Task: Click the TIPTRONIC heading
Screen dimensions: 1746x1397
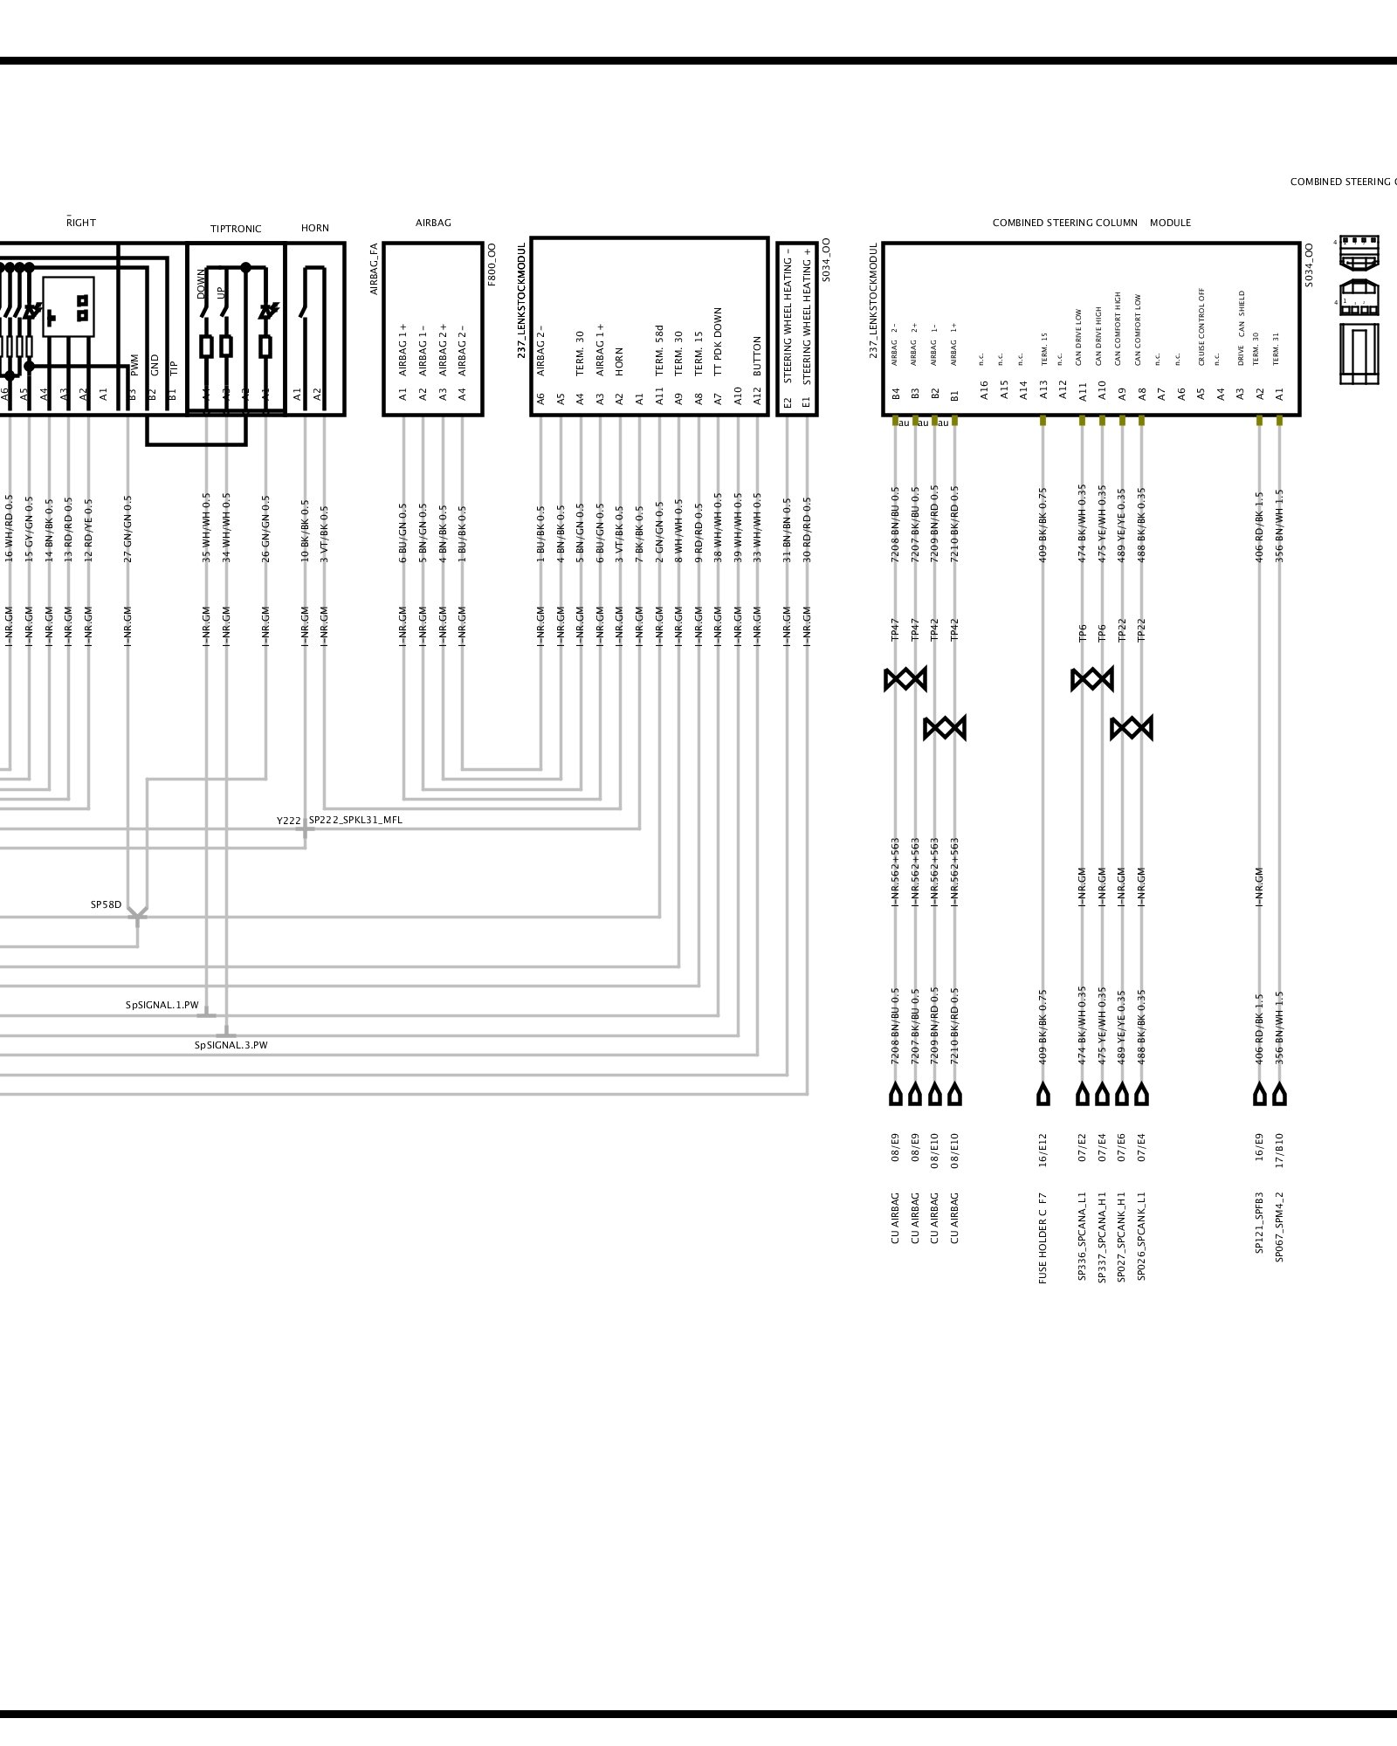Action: point(236,229)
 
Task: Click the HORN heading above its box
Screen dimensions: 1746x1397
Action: point(315,228)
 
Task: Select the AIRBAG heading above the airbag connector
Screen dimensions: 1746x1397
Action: point(433,223)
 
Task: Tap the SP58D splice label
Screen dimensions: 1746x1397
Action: point(106,904)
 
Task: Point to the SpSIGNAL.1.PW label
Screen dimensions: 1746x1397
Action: point(162,1005)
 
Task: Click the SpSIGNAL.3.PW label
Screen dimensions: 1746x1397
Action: point(231,1045)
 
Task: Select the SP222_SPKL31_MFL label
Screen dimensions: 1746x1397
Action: point(355,820)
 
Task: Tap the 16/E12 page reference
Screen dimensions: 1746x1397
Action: point(1043,1146)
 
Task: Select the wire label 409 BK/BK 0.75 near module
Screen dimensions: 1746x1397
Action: point(1043,525)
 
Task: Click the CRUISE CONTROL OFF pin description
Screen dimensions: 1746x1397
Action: point(1201,327)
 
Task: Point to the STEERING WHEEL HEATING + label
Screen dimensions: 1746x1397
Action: point(807,315)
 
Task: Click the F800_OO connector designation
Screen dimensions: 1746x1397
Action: point(492,265)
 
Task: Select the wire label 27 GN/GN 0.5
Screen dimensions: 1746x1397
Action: point(127,529)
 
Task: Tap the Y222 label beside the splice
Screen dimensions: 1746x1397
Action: point(288,821)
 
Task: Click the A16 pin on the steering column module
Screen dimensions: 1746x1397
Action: point(983,389)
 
